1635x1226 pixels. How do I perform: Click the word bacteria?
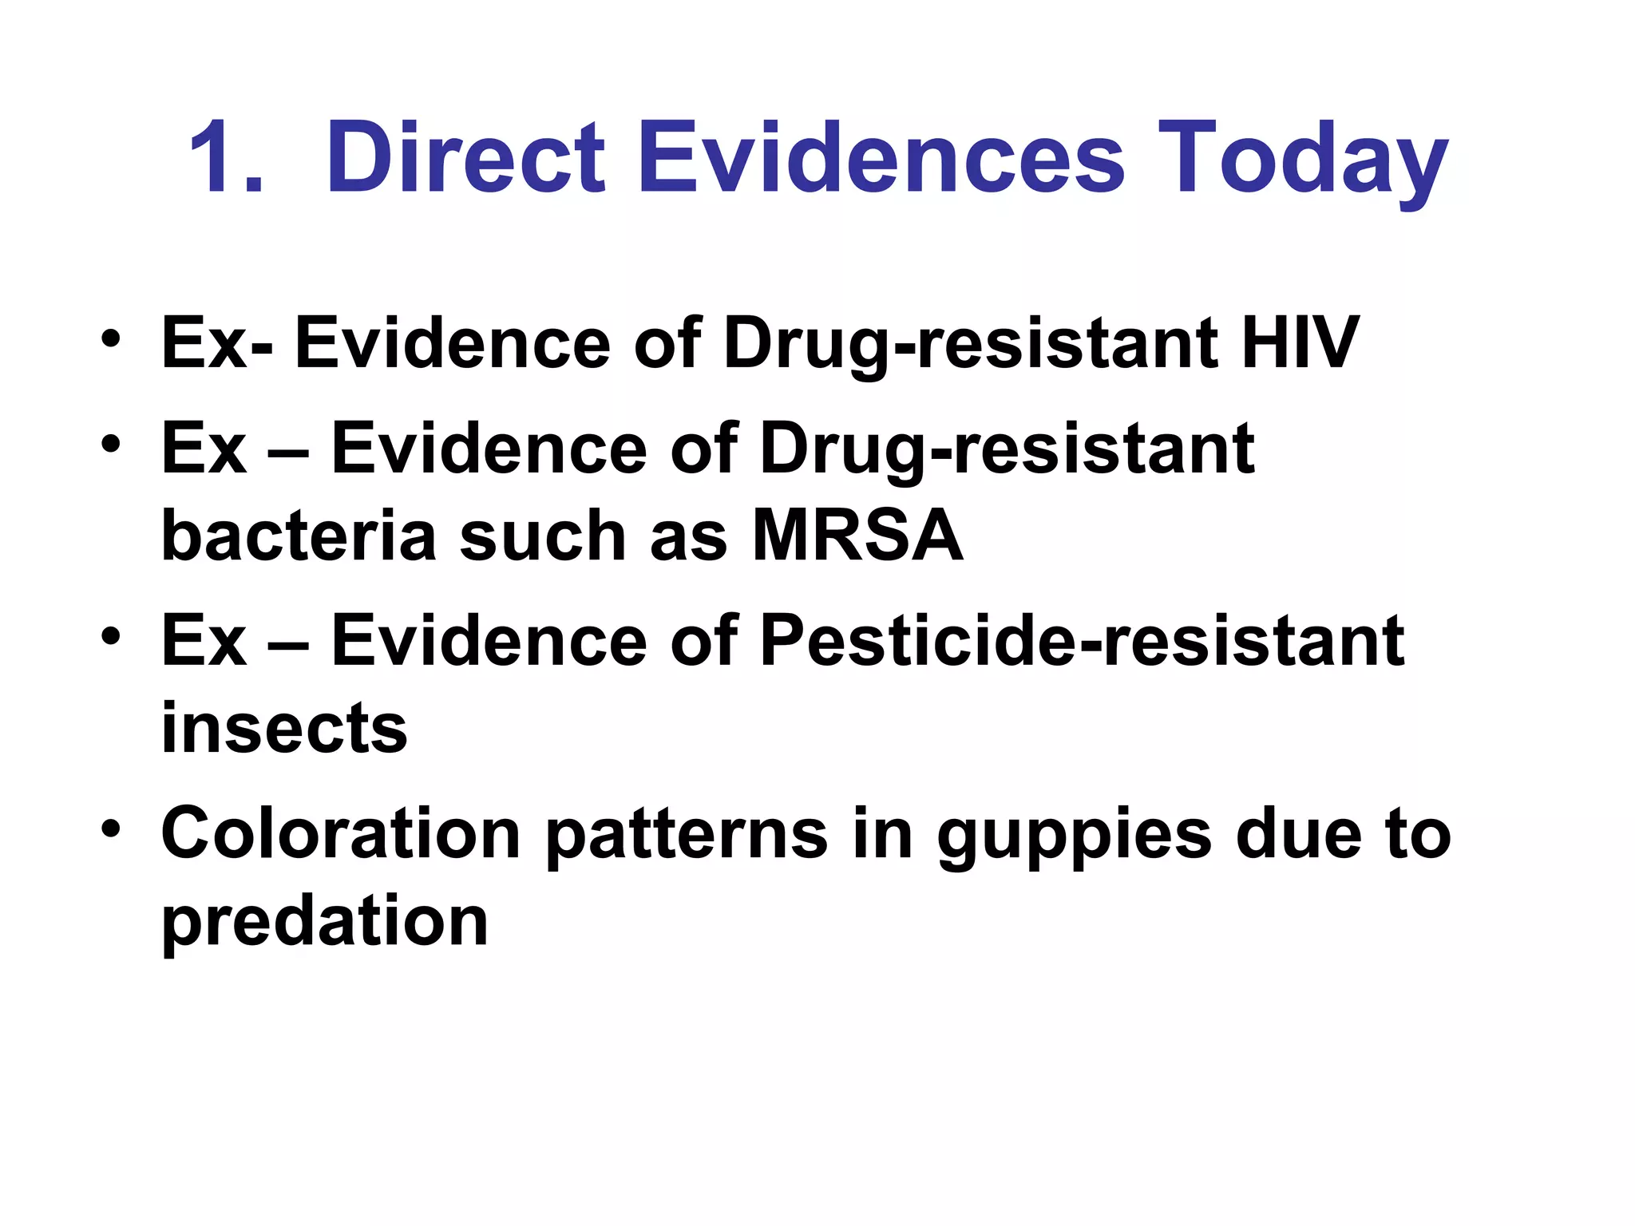(299, 536)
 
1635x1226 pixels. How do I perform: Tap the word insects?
(284, 728)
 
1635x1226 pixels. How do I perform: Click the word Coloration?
(341, 834)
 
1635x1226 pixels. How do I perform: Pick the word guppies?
(1074, 838)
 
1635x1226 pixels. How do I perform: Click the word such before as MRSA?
(543, 536)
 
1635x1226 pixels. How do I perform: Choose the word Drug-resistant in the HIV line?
(970, 345)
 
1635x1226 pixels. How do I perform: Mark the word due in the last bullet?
(1298, 834)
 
